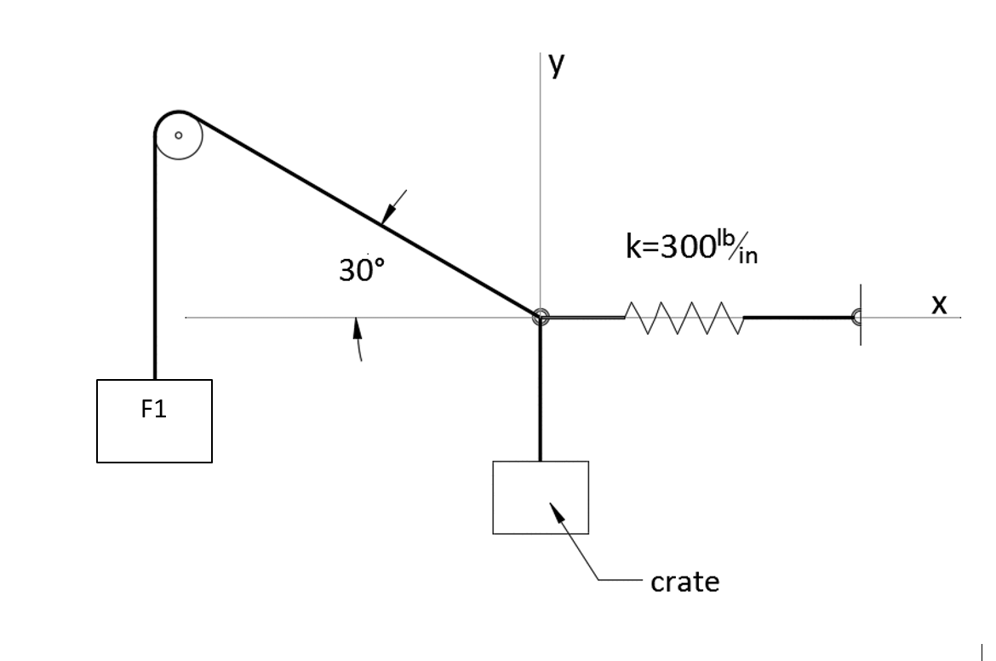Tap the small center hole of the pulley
[178, 135]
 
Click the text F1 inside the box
[154, 410]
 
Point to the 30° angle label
[362, 270]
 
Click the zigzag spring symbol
[684, 318]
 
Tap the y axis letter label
[556, 65]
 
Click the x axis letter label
[938, 304]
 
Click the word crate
[684, 582]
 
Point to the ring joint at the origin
[540, 318]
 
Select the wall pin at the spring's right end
[857, 317]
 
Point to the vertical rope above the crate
[540, 392]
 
